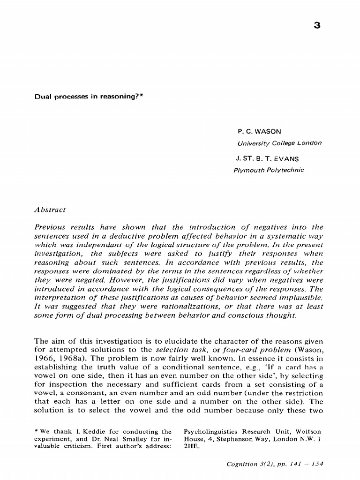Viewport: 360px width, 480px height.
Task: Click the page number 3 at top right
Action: [x=317, y=26]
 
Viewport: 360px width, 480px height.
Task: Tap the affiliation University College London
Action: [x=279, y=143]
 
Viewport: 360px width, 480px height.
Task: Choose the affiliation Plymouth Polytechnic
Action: [x=269, y=170]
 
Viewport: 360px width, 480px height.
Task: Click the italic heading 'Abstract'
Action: [x=50, y=210]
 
